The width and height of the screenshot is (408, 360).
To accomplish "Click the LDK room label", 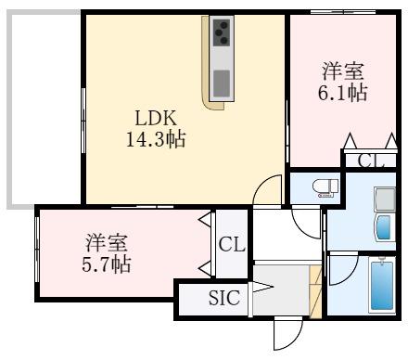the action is [156, 118].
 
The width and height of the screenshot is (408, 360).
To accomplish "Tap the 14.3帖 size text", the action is [156, 139].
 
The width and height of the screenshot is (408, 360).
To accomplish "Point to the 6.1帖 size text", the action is [343, 92].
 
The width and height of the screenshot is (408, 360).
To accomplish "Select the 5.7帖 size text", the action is [107, 264].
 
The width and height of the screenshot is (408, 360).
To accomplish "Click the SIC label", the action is [224, 298].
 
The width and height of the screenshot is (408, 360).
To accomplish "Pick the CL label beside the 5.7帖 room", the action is [232, 244].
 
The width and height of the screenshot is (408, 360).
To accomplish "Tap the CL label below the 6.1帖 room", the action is [371, 161].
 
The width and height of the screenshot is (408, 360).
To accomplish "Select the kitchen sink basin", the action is [222, 84].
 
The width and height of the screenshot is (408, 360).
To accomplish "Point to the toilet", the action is [325, 188].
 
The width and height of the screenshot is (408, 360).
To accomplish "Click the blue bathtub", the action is [382, 286].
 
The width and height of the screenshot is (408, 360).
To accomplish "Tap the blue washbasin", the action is [385, 227].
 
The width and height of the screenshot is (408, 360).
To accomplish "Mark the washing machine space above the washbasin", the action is [385, 199].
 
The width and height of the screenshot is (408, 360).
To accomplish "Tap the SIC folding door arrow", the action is [261, 287].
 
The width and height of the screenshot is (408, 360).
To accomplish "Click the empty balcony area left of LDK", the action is [44, 109].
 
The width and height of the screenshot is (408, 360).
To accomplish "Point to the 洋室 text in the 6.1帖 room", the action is [343, 71].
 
